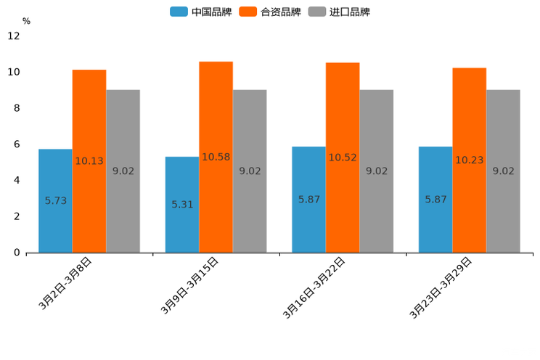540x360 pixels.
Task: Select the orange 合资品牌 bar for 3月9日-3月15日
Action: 216,203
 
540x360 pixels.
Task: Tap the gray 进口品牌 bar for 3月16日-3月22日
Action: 376,210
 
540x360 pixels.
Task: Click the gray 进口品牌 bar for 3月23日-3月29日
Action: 503,210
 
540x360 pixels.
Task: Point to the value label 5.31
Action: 182,205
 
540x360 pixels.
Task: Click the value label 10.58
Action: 216,157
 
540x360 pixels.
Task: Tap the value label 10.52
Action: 343,157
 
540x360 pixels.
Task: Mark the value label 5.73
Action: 56,200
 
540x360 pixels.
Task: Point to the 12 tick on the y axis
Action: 14,36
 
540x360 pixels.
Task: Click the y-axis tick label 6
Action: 17,144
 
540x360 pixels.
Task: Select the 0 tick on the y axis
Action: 17,253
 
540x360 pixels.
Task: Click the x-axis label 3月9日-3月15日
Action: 190,286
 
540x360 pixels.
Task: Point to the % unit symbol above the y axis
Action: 26,21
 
